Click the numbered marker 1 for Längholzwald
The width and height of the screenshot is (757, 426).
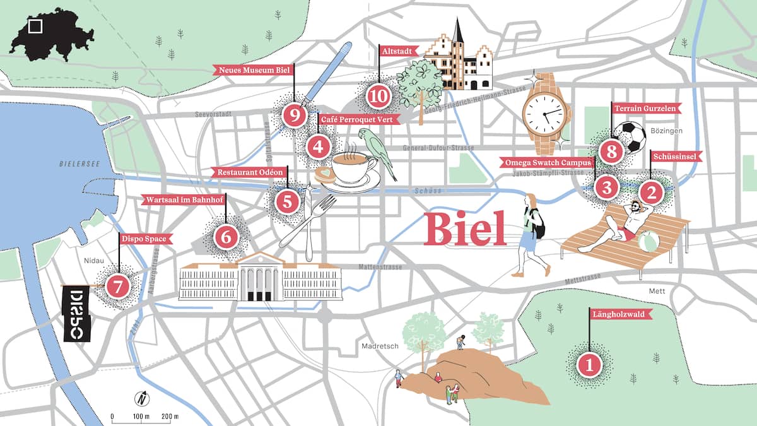589,364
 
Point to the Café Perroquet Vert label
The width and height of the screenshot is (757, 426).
358,119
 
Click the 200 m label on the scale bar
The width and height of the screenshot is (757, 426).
170,417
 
